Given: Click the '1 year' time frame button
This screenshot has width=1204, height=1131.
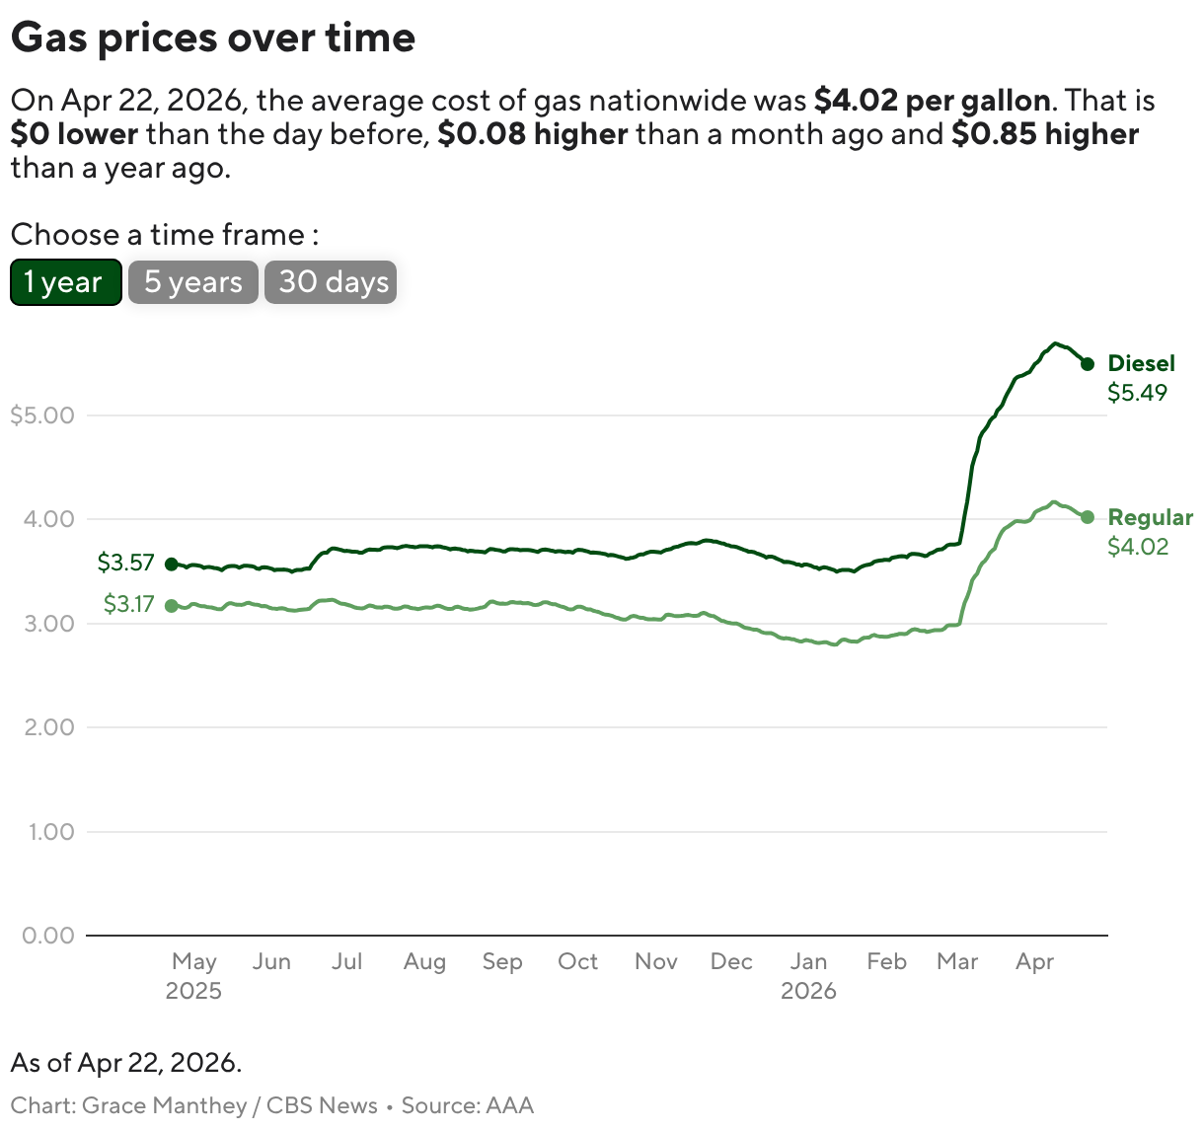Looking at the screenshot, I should pyautogui.click(x=65, y=282).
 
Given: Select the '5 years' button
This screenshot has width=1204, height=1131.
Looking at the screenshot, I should pyautogui.click(x=193, y=282).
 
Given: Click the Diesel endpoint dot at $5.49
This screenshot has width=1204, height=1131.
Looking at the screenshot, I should pyautogui.click(x=1087, y=364).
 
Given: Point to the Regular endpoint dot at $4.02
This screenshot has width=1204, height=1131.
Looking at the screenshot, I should pyautogui.click(x=1087, y=517).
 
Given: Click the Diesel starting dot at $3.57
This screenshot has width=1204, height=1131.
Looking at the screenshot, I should pyautogui.click(x=172, y=565).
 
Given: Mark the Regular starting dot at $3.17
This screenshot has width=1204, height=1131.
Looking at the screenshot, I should pyautogui.click(x=172, y=606).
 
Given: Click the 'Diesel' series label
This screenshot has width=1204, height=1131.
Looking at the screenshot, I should pyautogui.click(x=1141, y=363).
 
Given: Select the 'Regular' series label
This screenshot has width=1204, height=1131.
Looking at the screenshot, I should pyautogui.click(x=1150, y=517).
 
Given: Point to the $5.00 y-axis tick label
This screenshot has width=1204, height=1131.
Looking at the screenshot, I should pyautogui.click(x=42, y=415).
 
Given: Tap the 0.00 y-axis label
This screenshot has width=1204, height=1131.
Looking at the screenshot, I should pyautogui.click(x=48, y=936).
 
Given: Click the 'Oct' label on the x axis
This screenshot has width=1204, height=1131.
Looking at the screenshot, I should pyautogui.click(x=577, y=961).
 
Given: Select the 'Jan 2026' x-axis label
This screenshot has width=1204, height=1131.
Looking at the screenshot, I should pyautogui.click(x=808, y=975).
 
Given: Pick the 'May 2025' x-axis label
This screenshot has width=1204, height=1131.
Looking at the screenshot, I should pyautogui.click(x=193, y=975).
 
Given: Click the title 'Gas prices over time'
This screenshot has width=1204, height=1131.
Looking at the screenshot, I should pyautogui.click(x=213, y=38).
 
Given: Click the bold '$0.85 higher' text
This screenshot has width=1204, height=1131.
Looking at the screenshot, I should pyautogui.click(x=1044, y=134).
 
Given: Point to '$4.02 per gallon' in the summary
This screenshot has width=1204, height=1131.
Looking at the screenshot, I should pyautogui.click(x=932, y=101).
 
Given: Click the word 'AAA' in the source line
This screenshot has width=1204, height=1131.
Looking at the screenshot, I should pyautogui.click(x=509, y=1105).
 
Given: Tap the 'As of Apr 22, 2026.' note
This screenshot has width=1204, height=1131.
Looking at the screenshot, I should pyautogui.click(x=126, y=1063).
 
